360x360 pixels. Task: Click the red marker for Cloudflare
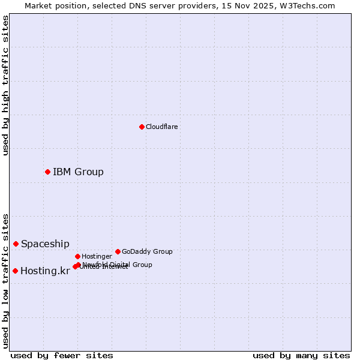click(x=142, y=127)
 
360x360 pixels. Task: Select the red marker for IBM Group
click(x=47, y=172)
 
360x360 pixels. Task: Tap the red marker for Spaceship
click(x=16, y=244)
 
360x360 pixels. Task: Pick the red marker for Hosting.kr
click(x=15, y=271)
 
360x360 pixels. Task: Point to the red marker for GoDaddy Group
click(x=118, y=251)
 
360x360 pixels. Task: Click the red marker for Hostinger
click(x=77, y=256)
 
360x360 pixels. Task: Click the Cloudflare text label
click(x=162, y=127)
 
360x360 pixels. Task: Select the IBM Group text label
click(x=78, y=172)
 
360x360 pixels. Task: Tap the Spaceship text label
click(x=45, y=244)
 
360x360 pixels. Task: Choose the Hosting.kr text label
click(x=45, y=271)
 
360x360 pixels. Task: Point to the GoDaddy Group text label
click(x=147, y=251)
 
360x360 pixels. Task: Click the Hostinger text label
click(x=97, y=256)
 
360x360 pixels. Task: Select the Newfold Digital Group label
click(x=117, y=265)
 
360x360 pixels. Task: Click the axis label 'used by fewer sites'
click(x=62, y=355)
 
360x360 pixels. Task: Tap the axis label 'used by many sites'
click(x=301, y=355)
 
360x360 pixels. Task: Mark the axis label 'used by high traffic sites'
click(x=6, y=86)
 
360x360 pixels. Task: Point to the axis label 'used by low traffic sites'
click(x=6, y=281)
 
